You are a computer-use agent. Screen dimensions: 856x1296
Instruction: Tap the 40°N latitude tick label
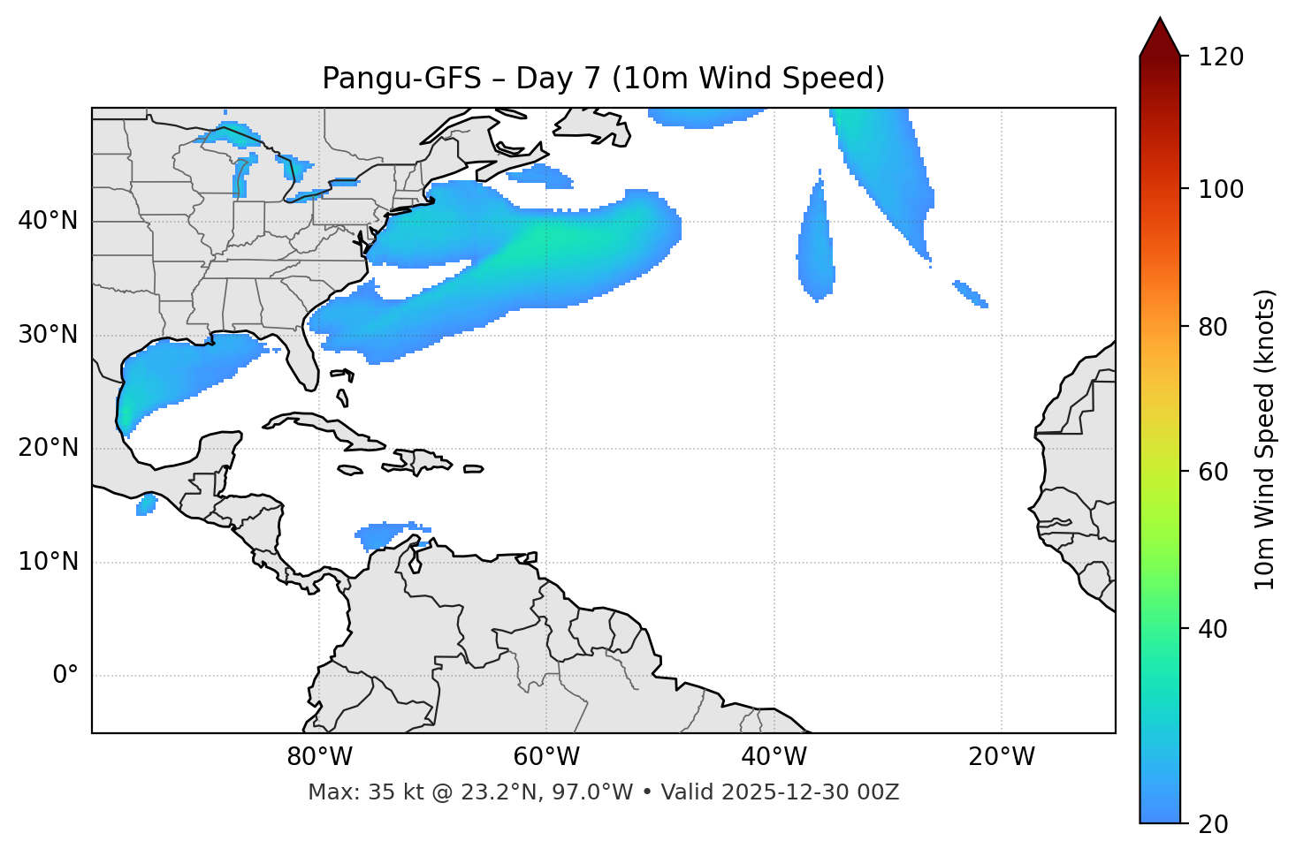point(48,221)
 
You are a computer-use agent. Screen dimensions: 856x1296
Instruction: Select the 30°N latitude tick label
point(48,335)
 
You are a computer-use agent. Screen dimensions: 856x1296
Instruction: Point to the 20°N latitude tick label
point(48,449)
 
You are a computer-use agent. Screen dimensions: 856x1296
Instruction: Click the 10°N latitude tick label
point(48,563)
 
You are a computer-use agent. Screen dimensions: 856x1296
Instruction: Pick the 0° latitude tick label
point(65,676)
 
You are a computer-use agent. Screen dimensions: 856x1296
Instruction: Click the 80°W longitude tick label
point(319,757)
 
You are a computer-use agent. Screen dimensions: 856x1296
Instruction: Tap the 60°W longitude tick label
point(545,757)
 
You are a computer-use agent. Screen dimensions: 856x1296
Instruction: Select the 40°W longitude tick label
point(774,757)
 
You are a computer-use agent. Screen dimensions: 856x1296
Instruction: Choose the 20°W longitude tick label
point(1001,757)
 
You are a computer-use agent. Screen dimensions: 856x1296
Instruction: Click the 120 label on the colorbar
point(1221,57)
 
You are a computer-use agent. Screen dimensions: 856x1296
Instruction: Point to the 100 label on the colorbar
point(1221,189)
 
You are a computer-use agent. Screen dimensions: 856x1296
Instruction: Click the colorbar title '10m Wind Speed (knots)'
point(1265,440)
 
